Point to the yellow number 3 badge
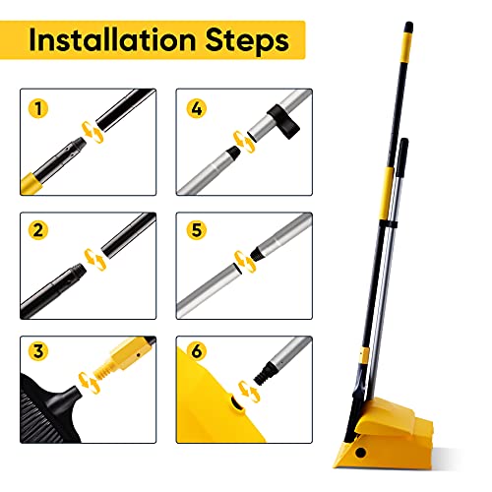click(36, 351)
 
